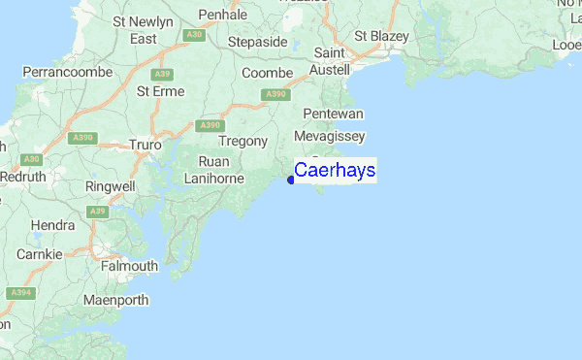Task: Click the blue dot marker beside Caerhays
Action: [x=290, y=179]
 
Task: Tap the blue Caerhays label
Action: [x=335, y=171]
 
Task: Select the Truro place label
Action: [x=145, y=146]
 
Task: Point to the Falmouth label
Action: [x=130, y=266]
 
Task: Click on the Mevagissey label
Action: [x=332, y=136]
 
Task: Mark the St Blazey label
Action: [x=381, y=36]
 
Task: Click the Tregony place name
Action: [x=242, y=141]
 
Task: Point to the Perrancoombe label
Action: [x=63, y=72]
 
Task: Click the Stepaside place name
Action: [x=257, y=42]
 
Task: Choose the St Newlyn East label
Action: [x=143, y=29]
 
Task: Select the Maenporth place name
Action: [x=115, y=300]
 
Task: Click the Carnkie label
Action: [x=40, y=254]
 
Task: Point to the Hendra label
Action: [x=52, y=225]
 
